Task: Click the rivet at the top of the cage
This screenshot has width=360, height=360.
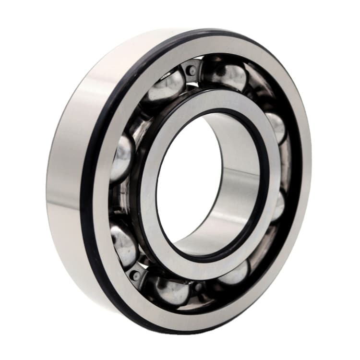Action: click(192, 71)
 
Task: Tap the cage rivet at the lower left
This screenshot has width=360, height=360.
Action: click(136, 275)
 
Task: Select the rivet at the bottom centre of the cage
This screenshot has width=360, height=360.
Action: click(197, 288)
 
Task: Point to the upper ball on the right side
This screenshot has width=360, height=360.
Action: click(277, 126)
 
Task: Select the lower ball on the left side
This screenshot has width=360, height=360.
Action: click(124, 245)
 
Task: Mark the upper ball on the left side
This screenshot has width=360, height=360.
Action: click(122, 158)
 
